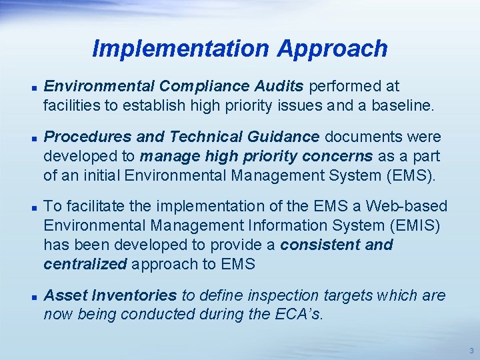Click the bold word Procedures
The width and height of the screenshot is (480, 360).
coord(87,137)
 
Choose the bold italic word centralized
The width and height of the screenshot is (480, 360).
coord(85,263)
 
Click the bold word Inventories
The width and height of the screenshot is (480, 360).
coord(137,295)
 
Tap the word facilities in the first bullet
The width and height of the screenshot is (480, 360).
coord(71,105)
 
